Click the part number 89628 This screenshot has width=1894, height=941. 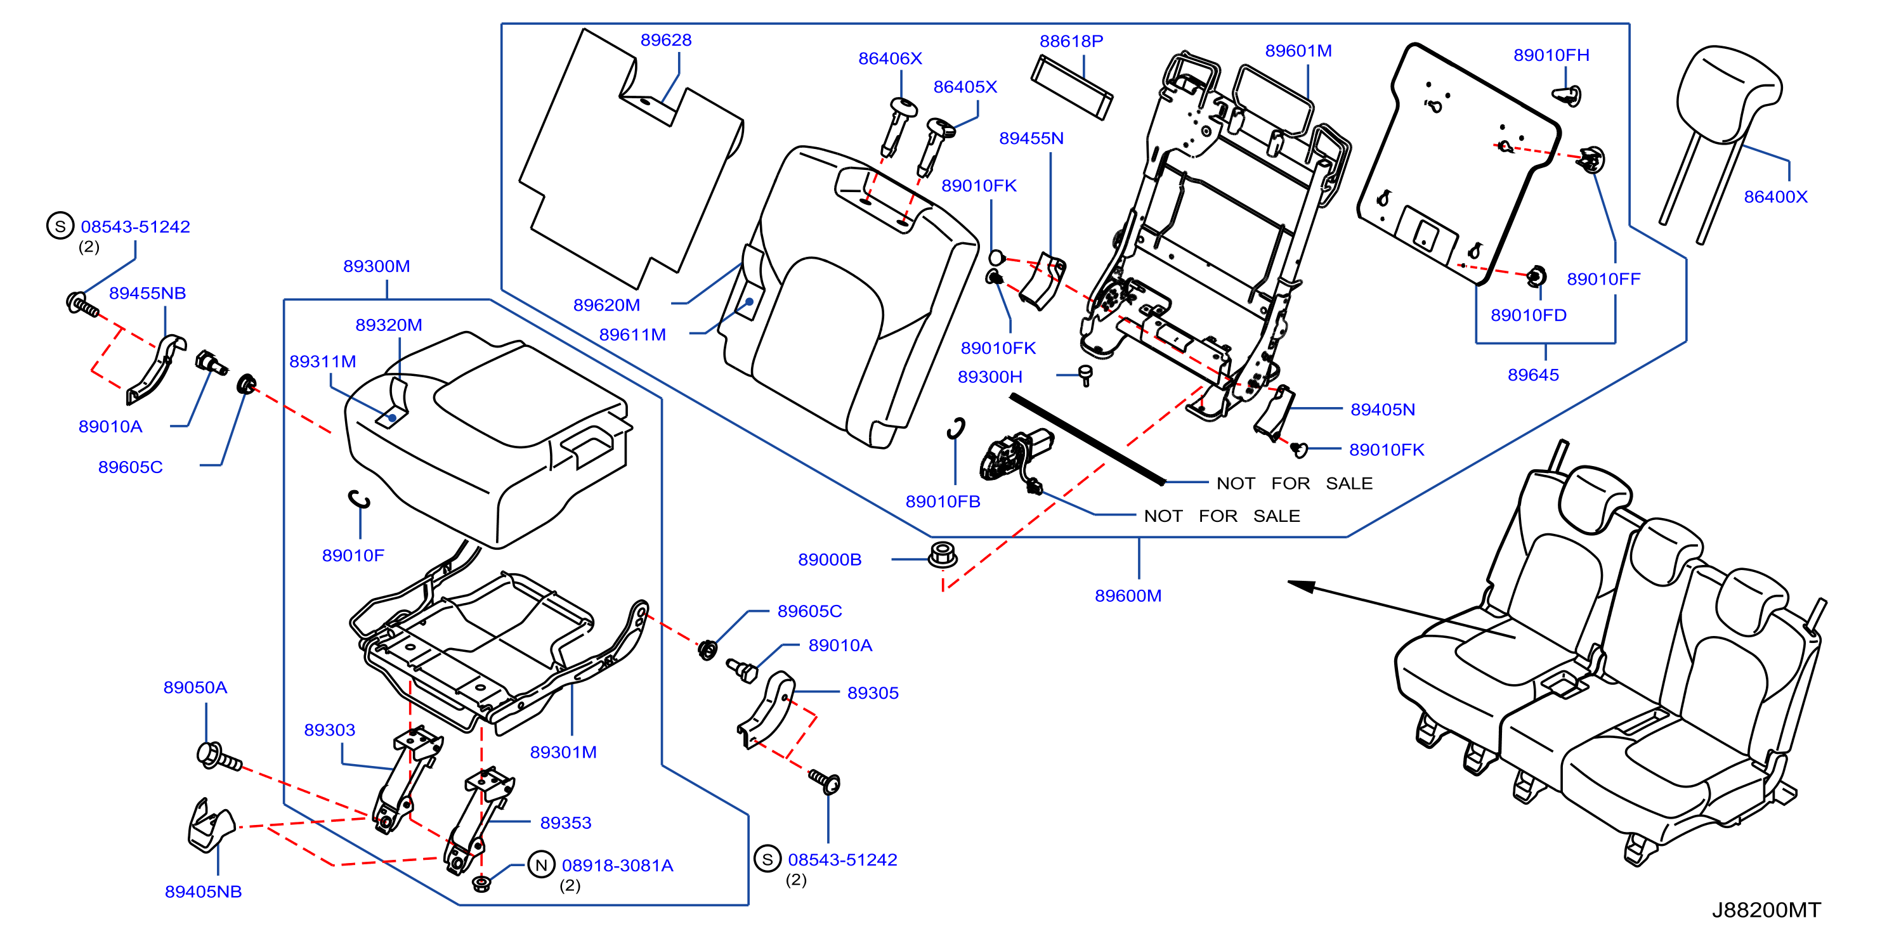(665, 40)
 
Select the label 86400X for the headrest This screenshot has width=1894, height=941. (1775, 197)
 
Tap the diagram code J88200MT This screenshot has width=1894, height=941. (1766, 909)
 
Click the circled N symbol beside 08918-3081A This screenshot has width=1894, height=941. (541, 864)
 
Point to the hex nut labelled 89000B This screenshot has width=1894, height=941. (943, 554)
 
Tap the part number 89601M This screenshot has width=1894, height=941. (1298, 51)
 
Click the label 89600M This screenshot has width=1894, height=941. (1128, 595)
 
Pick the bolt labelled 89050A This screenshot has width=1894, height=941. (219, 756)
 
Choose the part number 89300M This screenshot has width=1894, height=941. (376, 266)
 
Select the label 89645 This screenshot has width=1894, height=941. (1533, 375)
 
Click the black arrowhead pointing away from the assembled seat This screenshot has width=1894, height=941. (1302, 585)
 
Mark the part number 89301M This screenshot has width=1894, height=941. (563, 752)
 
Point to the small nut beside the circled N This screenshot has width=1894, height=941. (481, 883)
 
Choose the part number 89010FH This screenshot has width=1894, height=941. (1551, 55)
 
